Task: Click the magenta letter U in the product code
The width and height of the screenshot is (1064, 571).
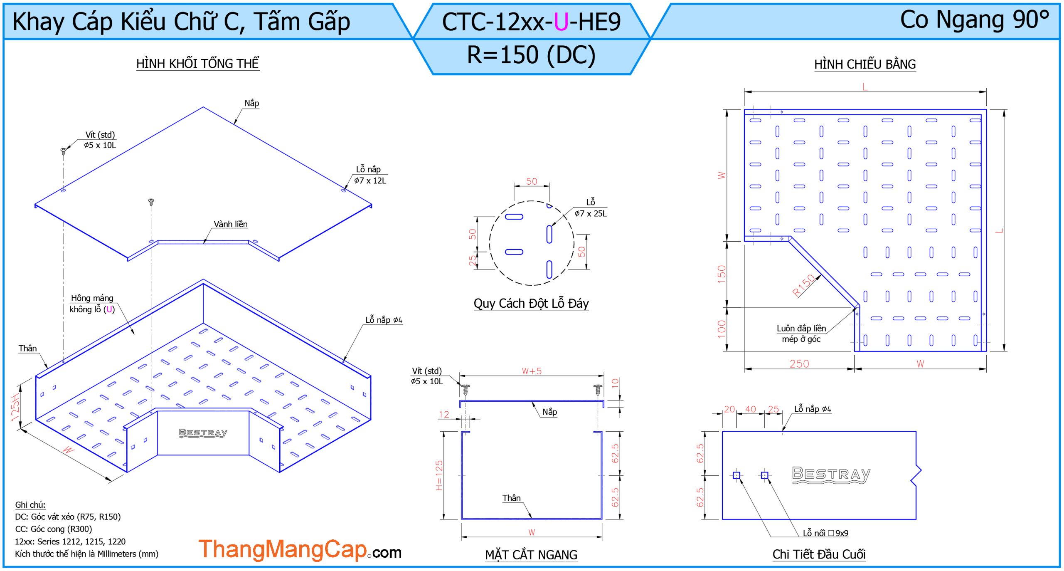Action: tap(561, 22)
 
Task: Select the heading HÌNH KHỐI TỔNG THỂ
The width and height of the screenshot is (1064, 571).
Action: tap(198, 64)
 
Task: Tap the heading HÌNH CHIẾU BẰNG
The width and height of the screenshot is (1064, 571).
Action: tap(865, 64)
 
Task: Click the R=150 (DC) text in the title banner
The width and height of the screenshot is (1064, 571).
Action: tap(531, 55)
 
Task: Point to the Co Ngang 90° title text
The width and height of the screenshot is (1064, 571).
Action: tap(974, 20)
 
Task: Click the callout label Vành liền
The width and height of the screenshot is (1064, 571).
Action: tap(231, 224)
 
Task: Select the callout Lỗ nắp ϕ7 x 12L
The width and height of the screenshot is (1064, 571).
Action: tap(370, 175)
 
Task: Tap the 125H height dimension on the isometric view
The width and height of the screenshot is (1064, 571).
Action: tap(15, 407)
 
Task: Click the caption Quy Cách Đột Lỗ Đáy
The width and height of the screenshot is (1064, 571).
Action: tap(531, 304)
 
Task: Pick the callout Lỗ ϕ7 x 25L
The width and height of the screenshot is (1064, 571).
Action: tap(591, 208)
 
